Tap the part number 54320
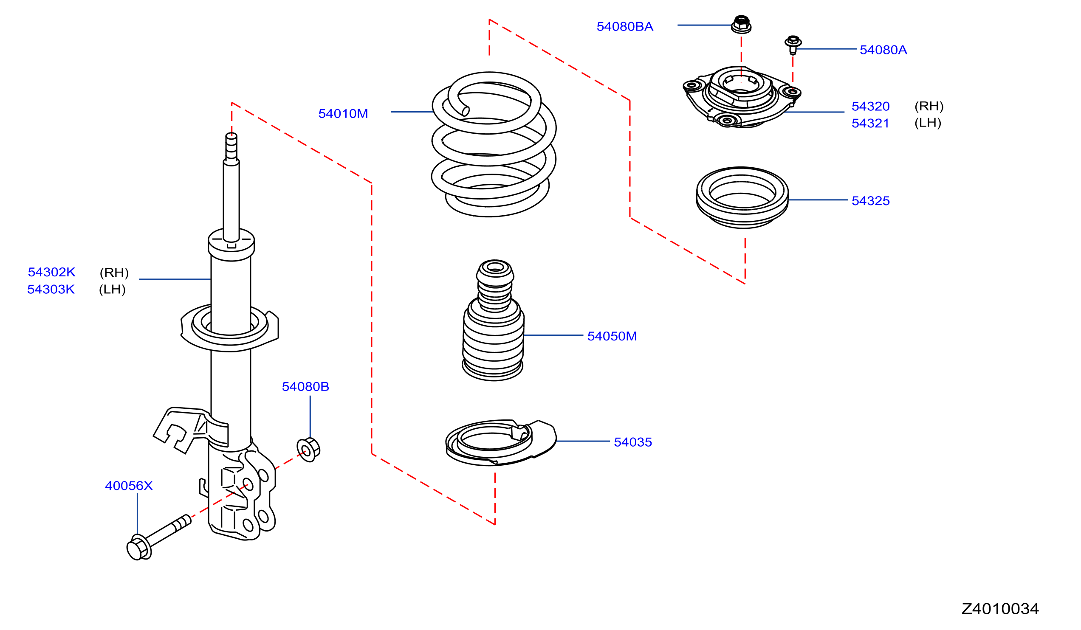870,106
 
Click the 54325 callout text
870,201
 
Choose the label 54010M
343,114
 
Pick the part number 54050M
612,336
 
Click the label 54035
633,442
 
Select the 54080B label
305,387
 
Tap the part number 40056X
129,486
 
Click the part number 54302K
51,272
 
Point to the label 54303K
51,290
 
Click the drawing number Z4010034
1000,609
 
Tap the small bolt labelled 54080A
793,45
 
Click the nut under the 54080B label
308,450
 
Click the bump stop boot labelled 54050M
493,321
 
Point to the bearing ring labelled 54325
742,198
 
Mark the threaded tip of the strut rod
231,148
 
